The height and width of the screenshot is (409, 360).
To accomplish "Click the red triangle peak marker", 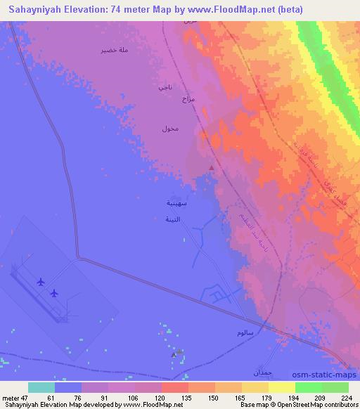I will point(212,167).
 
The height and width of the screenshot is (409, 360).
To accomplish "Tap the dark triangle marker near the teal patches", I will point(174,355).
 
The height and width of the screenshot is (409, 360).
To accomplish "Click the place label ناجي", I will point(165,88).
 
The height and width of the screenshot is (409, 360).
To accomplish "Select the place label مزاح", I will point(188,100).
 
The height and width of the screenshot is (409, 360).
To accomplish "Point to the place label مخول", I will point(169,129).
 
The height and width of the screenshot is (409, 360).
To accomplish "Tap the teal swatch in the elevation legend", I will point(41,387).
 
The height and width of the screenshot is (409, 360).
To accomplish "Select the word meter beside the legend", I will point(13,397).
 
